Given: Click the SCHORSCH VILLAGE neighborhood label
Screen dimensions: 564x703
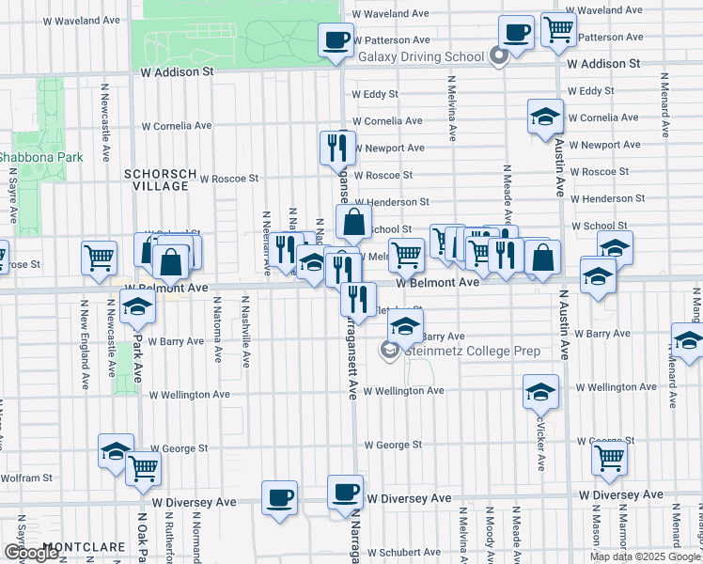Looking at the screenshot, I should [x=156, y=180].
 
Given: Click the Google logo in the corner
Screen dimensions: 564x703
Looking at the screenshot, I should [x=31, y=553].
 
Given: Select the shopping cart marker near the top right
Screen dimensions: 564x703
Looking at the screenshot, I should [x=558, y=29].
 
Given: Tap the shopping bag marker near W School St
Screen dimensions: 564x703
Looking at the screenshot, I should [x=353, y=223].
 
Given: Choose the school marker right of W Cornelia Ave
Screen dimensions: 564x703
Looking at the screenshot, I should [x=545, y=117].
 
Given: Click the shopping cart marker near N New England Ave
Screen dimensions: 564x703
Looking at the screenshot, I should [x=99, y=258].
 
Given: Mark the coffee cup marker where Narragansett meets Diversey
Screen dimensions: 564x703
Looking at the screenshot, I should [x=345, y=492].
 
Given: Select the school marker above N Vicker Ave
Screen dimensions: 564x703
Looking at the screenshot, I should [x=540, y=391].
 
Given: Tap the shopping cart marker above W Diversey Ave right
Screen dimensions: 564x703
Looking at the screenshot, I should [x=609, y=459].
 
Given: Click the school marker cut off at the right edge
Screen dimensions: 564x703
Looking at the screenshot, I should [x=689, y=340].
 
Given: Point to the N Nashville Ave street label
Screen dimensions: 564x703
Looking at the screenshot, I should [x=245, y=329].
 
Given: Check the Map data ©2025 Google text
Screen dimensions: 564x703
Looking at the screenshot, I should [x=645, y=556].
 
